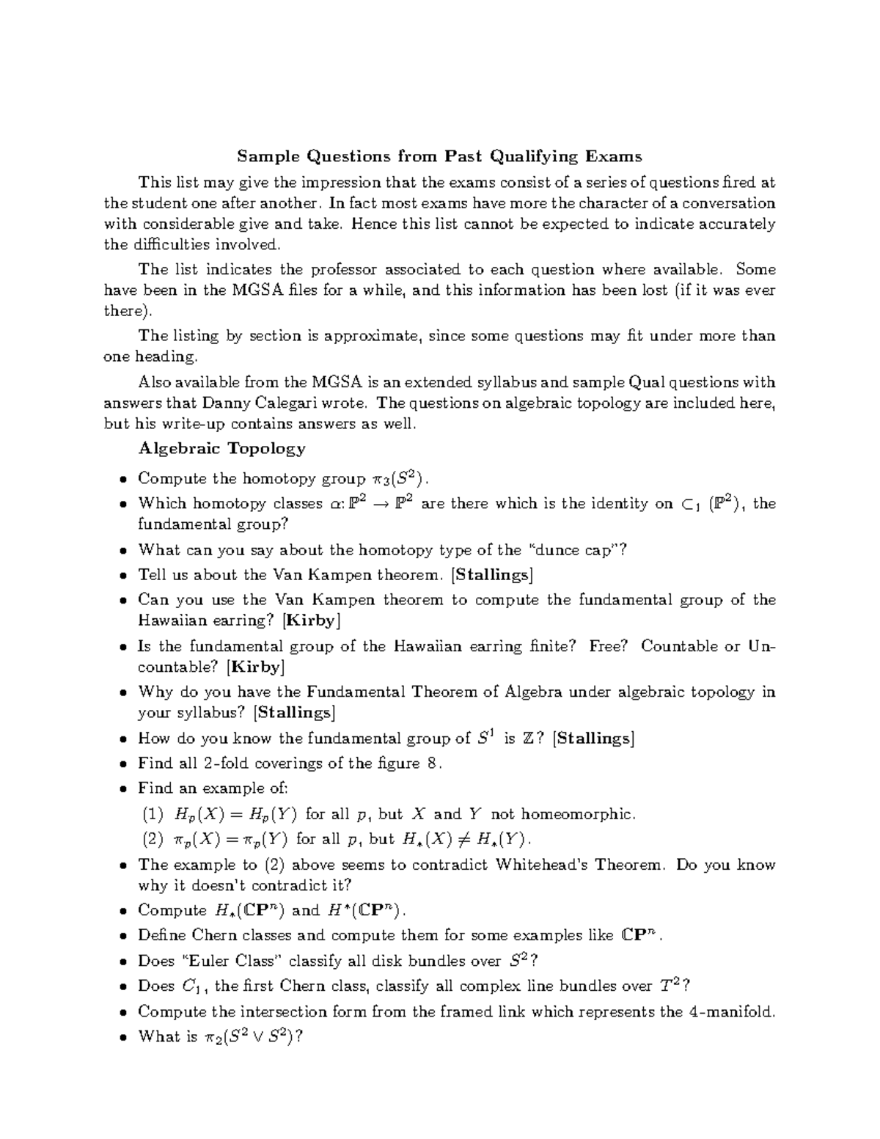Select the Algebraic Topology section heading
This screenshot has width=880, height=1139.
221,448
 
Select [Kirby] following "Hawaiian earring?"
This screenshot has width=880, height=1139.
311,620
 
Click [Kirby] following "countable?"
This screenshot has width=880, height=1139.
255,667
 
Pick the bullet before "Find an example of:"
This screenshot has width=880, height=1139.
122,789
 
